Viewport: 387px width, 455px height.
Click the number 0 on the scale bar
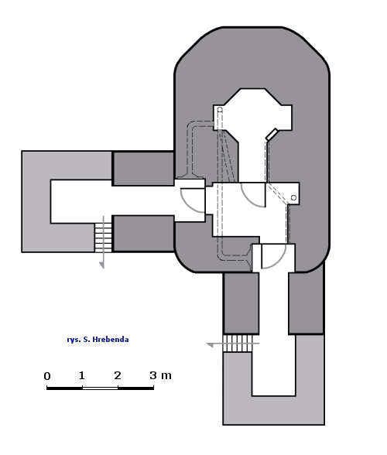47,376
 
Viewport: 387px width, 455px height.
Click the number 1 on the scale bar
82,375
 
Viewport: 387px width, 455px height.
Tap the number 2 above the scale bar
118,375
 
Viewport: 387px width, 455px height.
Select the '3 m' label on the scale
160,375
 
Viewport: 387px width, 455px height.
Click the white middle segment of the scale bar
100,388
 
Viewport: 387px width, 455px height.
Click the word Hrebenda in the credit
111,340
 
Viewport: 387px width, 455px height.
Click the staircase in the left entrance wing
103,238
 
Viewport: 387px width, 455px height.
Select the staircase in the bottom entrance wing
238,344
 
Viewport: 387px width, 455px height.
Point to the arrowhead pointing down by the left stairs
101,265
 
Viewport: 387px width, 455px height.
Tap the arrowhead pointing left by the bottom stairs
210,345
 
